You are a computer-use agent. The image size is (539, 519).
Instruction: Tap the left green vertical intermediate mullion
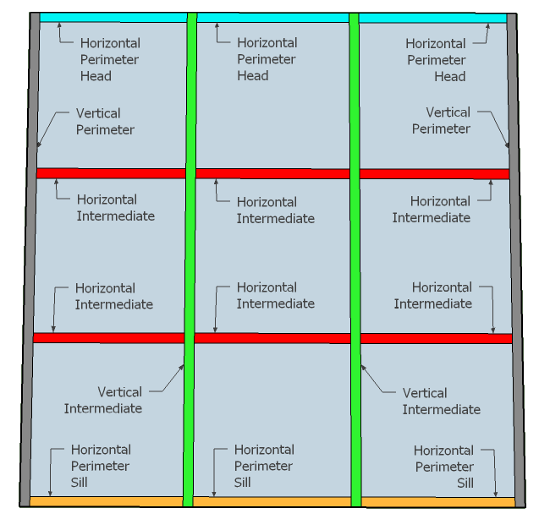189,254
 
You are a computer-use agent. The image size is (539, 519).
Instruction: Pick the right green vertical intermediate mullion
355,254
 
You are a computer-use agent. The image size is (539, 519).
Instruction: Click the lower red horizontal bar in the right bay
436,338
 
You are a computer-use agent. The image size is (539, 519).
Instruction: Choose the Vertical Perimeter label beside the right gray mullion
441,120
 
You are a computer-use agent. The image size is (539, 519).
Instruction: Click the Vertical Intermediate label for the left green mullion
103,400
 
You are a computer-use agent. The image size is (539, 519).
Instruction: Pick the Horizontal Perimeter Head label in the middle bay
266,58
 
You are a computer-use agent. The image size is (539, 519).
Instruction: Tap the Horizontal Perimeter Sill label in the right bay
443,467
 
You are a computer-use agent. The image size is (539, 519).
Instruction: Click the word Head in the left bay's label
96,76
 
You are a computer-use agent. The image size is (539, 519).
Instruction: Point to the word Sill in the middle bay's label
242,483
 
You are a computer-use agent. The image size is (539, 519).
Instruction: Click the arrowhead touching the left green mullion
182,366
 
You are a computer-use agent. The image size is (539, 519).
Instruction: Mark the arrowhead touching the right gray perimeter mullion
507,145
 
